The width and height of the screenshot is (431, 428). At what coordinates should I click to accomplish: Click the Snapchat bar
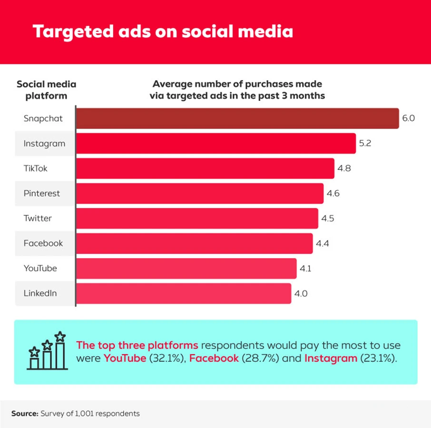pyautogui.click(x=237, y=119)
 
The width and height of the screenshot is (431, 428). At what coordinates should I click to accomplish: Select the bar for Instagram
pyautogui.click(x=216, y=143)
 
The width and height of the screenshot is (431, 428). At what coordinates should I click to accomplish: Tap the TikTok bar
pyautogui.click(x=205, y=169)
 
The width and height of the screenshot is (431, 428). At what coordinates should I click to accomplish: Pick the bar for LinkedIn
pyautogui.click(x=184, y=293)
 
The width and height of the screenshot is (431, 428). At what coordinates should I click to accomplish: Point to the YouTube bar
pyautogui.click(x=186, y=269)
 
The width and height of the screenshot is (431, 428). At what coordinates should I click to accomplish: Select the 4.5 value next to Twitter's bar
pyautogui.click(x=328, y=219)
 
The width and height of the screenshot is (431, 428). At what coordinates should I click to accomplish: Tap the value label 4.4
pyautogui.click(x=323, y=243)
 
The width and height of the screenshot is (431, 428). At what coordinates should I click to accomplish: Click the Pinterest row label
pyautogui.click(x=42, y=193)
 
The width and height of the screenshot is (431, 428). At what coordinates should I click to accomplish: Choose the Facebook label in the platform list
pyautogui.click(x=43, y=243)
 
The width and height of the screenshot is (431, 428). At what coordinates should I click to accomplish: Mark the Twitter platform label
pyautogui.click(x=38, y=219)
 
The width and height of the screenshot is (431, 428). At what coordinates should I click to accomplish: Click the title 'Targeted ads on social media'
pyautogui.click(x=162, y=31)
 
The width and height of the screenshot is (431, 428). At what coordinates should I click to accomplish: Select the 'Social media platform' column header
pyautogui.click(x=46, y=90)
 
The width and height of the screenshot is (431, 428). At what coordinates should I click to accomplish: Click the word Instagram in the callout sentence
pyautogui.click(x=331, y=358)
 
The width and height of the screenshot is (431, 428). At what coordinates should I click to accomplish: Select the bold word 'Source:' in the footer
pyautogui.click(x=25, y=414)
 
